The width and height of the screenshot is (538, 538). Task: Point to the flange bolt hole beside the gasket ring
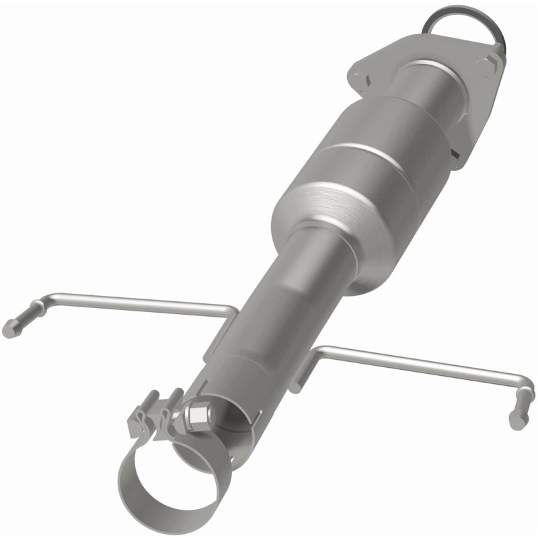point(488,65)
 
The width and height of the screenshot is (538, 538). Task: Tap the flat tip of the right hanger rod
point(517,422)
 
